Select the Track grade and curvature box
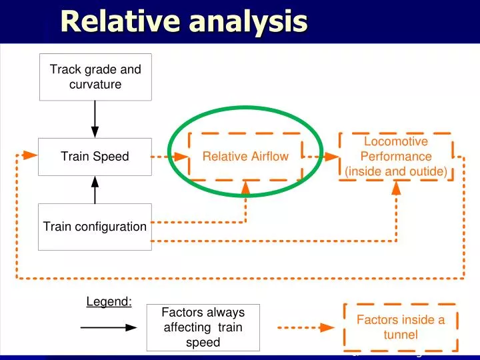point(95,77)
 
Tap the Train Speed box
point(95,157)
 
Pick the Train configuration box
point(95,227)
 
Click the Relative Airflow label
point(245,157)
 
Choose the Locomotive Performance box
point(396,157)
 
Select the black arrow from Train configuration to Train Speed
point(95,189)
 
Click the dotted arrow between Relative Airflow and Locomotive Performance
point(321,157)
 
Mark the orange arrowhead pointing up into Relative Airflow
point(245,188)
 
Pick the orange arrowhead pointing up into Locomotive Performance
point(396,188)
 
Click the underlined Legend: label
point(109,301)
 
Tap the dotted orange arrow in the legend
point(305,327)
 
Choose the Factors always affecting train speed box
point(203,327)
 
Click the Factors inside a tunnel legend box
point(401,327)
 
